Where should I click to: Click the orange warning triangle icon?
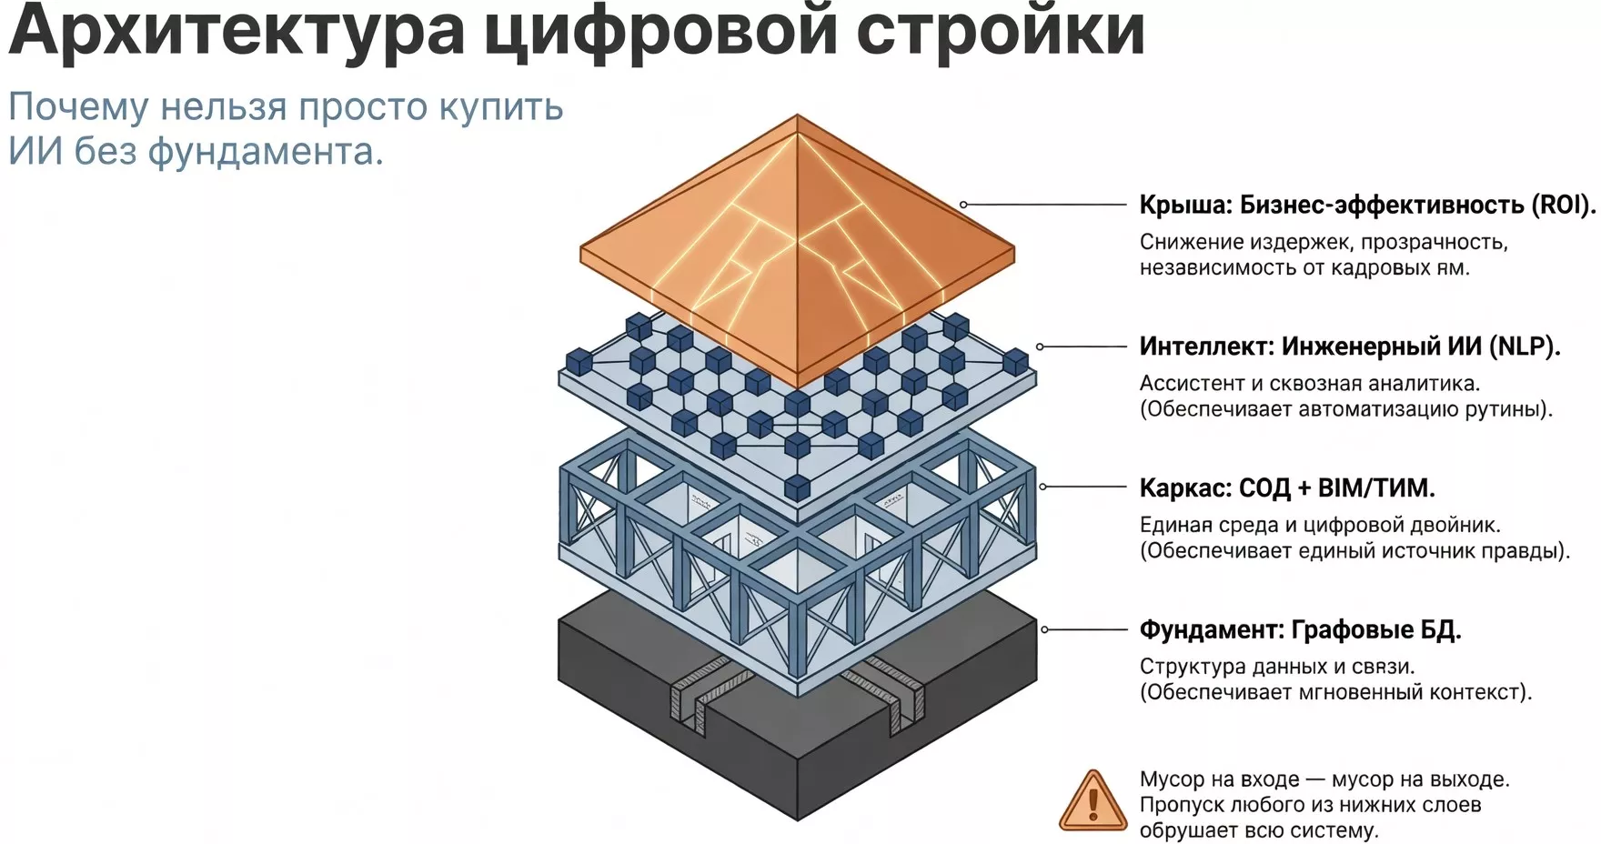1093,802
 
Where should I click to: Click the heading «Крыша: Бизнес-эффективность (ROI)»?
1366,205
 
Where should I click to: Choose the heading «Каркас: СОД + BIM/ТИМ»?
1286,488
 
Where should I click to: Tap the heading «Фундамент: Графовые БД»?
1300,629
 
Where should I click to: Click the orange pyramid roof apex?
797,116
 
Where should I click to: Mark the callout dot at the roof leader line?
963,205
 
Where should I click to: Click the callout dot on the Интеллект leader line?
1040,347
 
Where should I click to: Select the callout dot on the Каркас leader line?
1042,487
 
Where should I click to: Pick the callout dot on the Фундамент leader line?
1044,629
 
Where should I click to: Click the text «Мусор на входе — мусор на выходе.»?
1324,779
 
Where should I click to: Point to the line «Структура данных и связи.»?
1277,667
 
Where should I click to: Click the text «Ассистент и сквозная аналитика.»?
1310,384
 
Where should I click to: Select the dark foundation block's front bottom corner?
798,819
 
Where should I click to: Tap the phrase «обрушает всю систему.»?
1259,830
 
